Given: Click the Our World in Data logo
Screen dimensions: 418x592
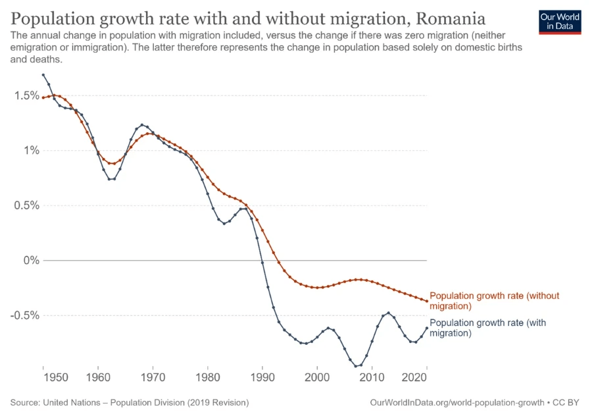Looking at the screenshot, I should [x=560, y=22].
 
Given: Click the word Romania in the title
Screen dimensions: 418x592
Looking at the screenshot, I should [x=445, y=17].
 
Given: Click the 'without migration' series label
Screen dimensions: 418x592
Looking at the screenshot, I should [x=494, y=301].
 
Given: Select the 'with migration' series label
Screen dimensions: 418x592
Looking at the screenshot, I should [x=487, y=328].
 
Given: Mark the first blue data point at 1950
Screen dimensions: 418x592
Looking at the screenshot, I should [x=43, y=75].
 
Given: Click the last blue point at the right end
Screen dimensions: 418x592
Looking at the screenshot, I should [x=427, y=328].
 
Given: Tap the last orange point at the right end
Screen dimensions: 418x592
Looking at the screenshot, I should [x=427, y=301].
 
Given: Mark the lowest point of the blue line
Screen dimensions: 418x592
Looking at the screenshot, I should [x=356, y=366].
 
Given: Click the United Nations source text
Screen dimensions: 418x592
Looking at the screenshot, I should [x=130, y=402].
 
